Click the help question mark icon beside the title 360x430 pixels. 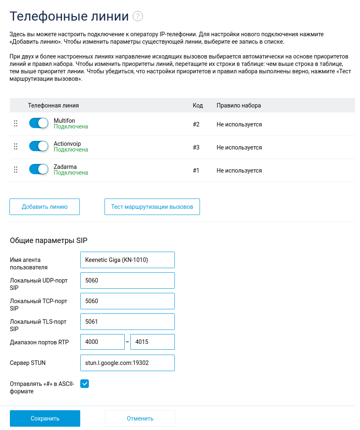(138, 16)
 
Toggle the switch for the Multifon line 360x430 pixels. (39, 123)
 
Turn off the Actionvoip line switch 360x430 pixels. (39, 146)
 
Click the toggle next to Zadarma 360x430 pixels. (39, 169)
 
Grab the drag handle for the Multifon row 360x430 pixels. (16, 123)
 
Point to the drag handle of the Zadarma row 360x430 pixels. (16, 169)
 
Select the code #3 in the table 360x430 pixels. (196, 147)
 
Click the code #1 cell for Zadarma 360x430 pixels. (196, 171)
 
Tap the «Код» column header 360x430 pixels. (198, 105)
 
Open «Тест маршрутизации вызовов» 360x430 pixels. (152, 207)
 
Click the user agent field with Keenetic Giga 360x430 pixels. (128, 260)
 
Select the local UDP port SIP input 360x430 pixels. (128, 280)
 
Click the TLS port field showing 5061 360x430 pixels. (128, 322)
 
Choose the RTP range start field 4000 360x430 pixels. (102, 342)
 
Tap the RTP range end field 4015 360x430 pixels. (153, 342)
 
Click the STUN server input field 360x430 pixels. (128, 363)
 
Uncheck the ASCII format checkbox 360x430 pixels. (85, 384)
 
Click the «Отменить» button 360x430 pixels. (140, 418)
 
